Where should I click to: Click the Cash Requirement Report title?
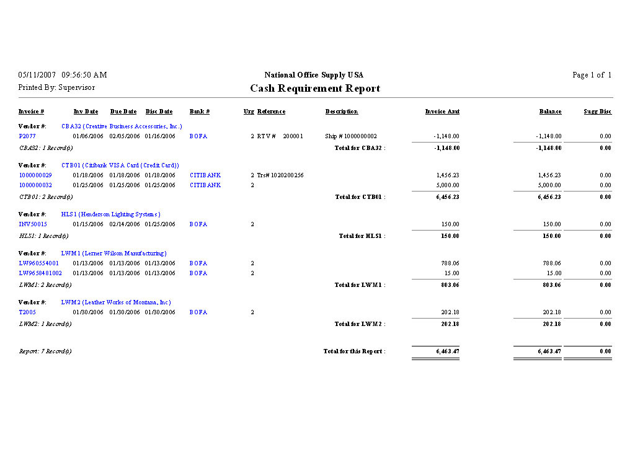pyautogui.click(x=315, y=88)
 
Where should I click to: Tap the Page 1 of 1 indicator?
pyautogui.click(x=592, y=75)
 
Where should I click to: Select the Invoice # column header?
pyautogui.click(x=31, y=112)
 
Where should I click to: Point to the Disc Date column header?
pyautogui.click(x=159, y=112)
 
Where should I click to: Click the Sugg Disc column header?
pyautogui.click(x=597, y=112)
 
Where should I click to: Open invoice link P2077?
pyautogui.click(x=27, y=136)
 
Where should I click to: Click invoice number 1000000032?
pyautogui.click(x=35, y=185)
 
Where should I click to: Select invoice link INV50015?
pyautogui.click(x=33, y=224)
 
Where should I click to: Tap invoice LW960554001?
pyautogui.click(x=38, y=263)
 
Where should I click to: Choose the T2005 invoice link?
pyautogui.click(x=27, y=312)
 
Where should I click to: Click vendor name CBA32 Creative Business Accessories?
pyautogui.click(x=122, y=126)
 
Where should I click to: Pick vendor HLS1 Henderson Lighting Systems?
pyautogui.click(x=110, y=214)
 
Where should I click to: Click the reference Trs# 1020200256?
pyautogui.click(x=280, y=175)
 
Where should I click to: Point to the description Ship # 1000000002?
pyautogui.click(x=350, y=136)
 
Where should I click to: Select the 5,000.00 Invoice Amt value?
pyautogui.click(x=446, y=185)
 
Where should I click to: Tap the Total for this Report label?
pyautogui.click(x=354, y=351)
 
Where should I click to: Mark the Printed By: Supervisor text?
pyautogui.click(x=56, y=88)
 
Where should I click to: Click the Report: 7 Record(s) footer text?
pyautogui.click(x=45, y=351)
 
